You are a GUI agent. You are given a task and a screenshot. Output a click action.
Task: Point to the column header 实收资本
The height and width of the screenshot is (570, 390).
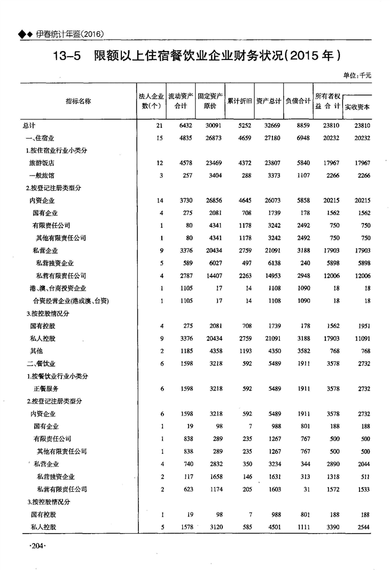click(x=357, y=107)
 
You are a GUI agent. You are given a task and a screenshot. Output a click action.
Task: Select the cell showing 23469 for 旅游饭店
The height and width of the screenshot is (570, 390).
click(x=207, y=163)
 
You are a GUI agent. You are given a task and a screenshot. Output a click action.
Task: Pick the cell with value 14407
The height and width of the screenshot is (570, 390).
click(x=207, y=276)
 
